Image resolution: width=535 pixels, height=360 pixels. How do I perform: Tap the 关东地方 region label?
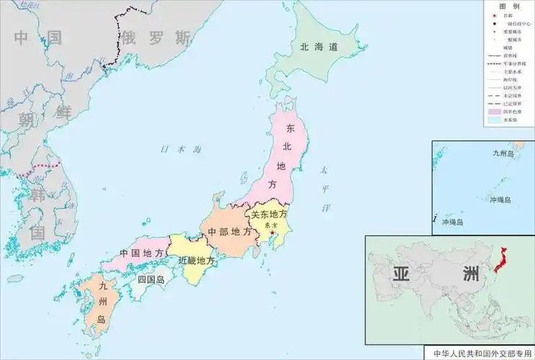click(x=269, y=214)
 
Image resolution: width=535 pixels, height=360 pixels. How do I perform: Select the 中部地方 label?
click(x=230, y=232)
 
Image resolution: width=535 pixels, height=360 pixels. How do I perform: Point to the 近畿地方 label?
click(x=196, y=259)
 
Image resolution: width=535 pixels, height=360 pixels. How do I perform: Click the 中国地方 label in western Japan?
click(x=140, y=253)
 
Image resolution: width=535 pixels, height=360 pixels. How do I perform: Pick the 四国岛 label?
click(x=151, y=279)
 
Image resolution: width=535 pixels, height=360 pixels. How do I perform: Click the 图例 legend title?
click(x=508, y=6)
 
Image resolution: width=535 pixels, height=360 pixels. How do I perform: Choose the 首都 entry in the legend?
click(x=508, y=14)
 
